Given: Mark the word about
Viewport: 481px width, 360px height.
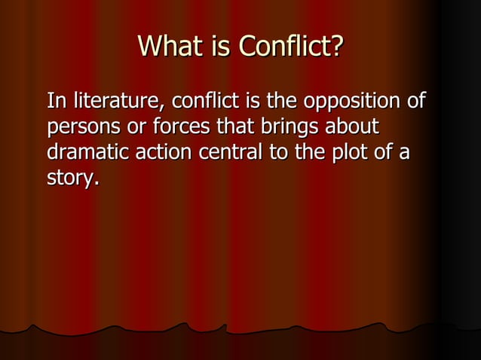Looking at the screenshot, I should pos(357,127).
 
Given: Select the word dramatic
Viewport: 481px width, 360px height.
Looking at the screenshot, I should pos(87,153).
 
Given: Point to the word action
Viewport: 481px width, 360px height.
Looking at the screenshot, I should pos(164,153).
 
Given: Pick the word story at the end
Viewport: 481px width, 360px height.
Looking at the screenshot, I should pos(70,180).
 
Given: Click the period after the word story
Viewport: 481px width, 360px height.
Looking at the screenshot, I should pos(97,185).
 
